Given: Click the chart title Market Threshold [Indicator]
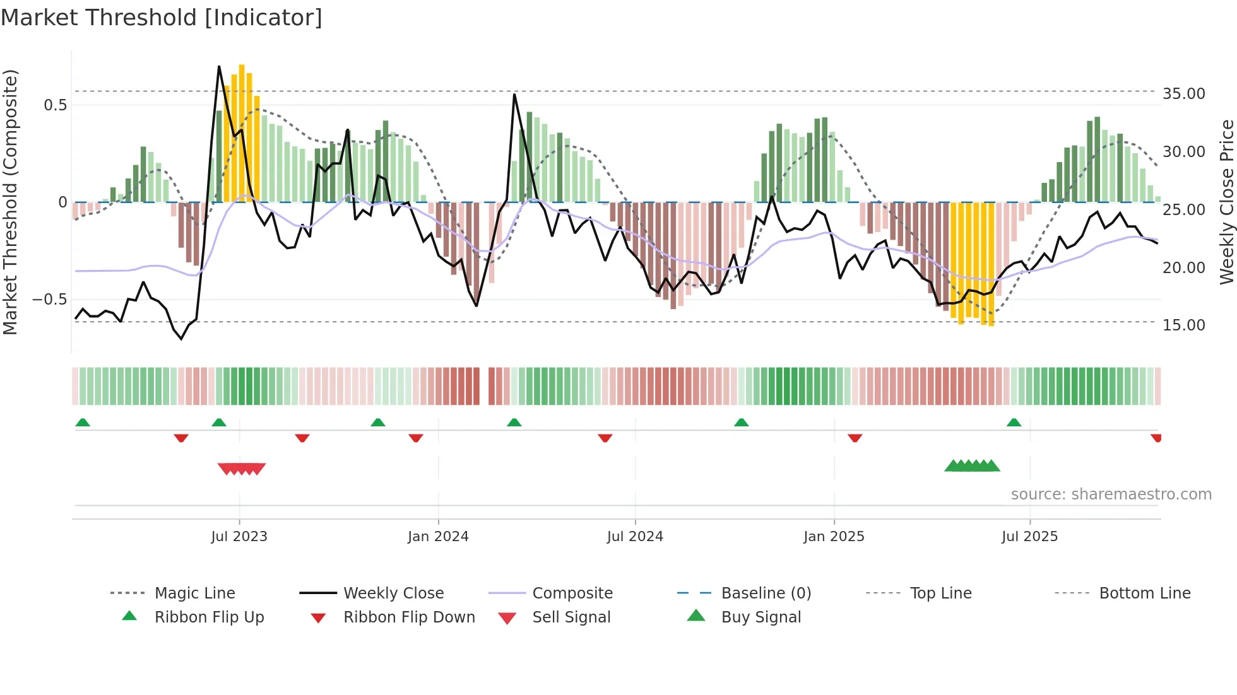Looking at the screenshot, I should click(x=162, y=18).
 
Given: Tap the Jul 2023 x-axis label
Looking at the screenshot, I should click(x=239, y=537).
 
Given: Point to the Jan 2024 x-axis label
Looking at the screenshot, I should click(x=438, y=537).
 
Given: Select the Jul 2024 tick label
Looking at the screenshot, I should click(x=635, y=537).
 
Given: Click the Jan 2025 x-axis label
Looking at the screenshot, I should click(x=834, y=537).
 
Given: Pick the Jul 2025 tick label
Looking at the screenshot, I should click(x=1029, y=537).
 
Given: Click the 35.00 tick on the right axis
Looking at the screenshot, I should click(x=1183, y=94).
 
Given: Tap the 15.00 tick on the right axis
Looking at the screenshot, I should click(x=1183, y=325).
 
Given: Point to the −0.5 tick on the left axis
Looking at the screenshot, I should click(x=49, y=300).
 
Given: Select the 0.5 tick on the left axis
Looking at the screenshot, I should click(x=55, y=105).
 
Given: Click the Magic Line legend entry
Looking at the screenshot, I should click(x=194, y=593).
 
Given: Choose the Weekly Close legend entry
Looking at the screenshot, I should click(x=393, y=593).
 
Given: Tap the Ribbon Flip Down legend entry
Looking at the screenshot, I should click(x=409, y=617).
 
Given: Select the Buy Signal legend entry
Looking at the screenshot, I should click(x=761, y=617).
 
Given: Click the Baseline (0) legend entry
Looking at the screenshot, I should click(x=766, y=593).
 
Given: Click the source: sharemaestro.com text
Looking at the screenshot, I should click(x=1111, y=494).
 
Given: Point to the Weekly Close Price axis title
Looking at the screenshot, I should click(x=1226, y=202).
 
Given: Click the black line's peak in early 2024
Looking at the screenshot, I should click(x=515, y=95).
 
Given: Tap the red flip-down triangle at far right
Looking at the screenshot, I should click(x=1156, y=438).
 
